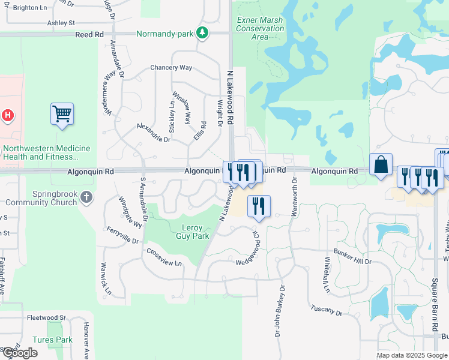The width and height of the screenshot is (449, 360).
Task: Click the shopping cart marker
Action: click(62, 113)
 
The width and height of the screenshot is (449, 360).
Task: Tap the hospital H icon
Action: click(8, 115)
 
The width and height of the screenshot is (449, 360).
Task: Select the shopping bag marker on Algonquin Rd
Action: click(381, 164)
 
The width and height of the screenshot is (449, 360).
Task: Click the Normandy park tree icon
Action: click(203, 34)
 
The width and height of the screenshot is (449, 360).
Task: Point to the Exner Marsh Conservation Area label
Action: click(260, 28)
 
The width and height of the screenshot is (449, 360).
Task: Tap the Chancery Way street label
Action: click(171, 68)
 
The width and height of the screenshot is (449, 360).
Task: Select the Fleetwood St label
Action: click(46, 317)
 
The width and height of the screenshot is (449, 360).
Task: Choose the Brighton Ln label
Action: click(29, 8)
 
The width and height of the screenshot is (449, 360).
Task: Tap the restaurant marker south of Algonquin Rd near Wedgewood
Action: click(259, 205)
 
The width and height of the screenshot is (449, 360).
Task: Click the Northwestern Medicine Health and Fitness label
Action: click(46, 152)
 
